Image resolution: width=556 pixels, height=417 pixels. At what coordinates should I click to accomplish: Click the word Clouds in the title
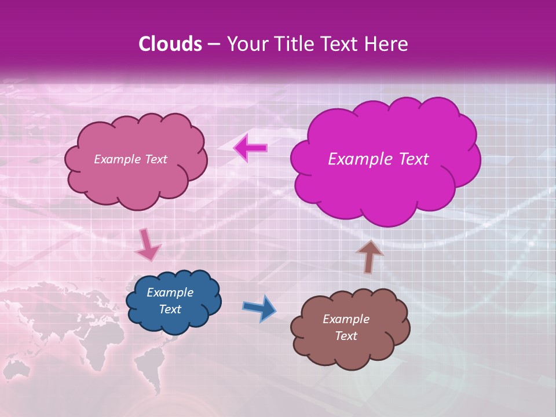(170, 44)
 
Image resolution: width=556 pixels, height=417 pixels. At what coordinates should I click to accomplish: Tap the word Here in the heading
(386, 44)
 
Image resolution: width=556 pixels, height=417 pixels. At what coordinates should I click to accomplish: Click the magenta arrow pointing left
(250, 148)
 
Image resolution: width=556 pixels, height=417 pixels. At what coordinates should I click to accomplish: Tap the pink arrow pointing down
(148, 245)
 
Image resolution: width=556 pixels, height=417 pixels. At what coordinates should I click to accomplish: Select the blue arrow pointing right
(259, 308)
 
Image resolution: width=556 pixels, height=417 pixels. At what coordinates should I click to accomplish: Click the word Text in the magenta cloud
(414, 159)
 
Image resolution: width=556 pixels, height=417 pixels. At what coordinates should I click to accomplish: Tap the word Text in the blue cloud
(170, 309)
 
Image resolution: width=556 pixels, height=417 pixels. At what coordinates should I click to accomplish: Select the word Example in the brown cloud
(346, 319)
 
